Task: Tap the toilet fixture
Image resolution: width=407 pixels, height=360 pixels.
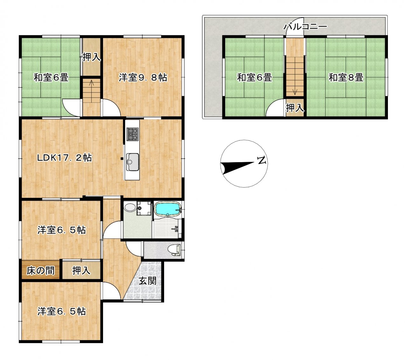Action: pos(175,250)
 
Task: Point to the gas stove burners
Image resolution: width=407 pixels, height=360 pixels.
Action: pos(133,134)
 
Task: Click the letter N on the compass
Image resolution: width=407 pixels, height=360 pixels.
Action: pos(262,160)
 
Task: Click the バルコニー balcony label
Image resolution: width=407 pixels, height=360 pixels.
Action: pos(305,26)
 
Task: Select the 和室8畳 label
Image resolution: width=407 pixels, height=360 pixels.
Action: pos(346,78)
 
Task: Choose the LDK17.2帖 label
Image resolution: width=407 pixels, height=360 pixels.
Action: pos(65,158)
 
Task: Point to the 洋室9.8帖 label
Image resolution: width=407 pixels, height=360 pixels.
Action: pos(143,78)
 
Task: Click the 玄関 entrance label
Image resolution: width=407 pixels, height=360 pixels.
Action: pos(148,281)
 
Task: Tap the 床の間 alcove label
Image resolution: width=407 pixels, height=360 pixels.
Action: pos(41,270)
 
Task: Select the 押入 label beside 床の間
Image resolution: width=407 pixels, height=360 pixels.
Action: pos(81,270)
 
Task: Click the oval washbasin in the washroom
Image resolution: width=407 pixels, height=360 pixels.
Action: pos(130,207)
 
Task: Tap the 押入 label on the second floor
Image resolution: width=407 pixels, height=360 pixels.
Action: pos(295,108)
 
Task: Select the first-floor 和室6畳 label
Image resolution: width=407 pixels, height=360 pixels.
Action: pos(51,78)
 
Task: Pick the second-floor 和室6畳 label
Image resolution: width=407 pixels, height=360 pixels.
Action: pos(254,78)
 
